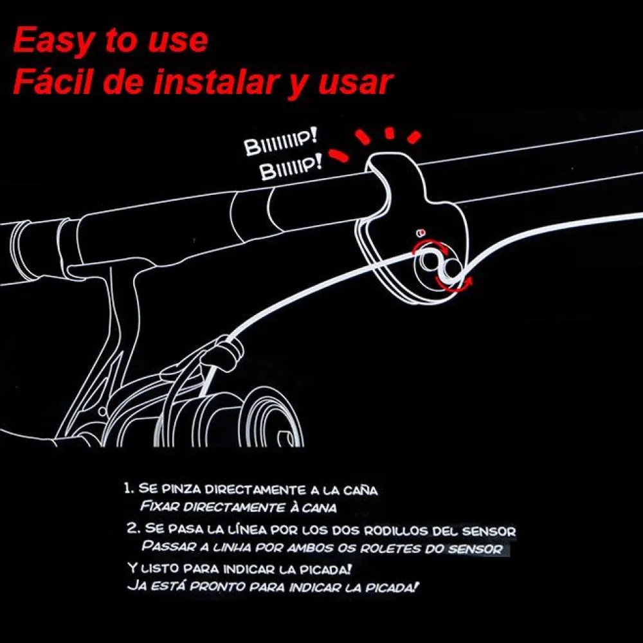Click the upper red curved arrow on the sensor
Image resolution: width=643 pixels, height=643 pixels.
431,245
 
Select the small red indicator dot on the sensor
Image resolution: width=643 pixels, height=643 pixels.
421,233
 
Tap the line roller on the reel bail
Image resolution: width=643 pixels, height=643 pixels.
227,352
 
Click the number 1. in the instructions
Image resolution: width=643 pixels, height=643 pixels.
130,488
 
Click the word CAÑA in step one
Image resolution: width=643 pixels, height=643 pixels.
361,491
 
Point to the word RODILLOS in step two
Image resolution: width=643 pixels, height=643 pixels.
396,531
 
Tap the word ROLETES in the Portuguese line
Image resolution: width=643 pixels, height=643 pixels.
390,548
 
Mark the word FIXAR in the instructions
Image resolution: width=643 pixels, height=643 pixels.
160,506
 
